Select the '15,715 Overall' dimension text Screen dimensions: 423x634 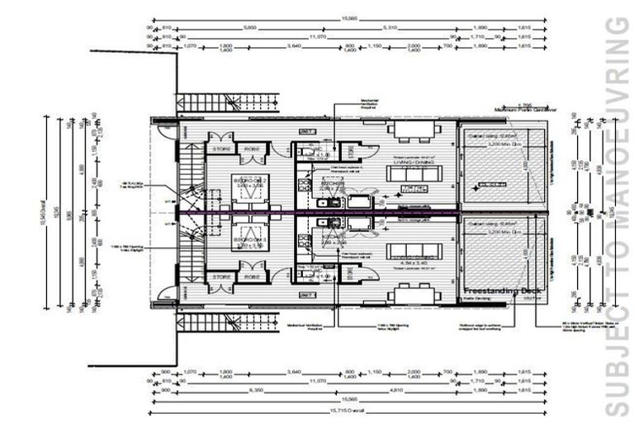tap(348, 411)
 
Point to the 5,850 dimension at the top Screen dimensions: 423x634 tap(244, 28)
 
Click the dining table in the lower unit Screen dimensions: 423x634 tap(414, 293)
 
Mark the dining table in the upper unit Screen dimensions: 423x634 tap(414, 130)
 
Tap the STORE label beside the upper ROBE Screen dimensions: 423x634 tap(220, 150)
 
